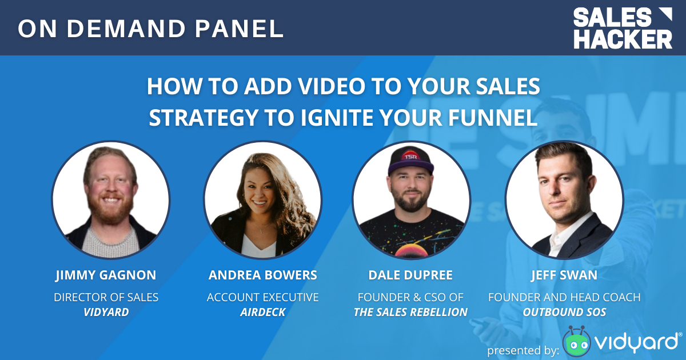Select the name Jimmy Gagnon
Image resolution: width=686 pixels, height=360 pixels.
(106, 275)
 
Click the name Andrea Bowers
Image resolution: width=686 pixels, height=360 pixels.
(262, 275)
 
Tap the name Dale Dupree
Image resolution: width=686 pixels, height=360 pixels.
(410, 275)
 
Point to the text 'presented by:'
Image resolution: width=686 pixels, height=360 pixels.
(523, 350)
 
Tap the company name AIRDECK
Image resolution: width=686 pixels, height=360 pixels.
(262, 312)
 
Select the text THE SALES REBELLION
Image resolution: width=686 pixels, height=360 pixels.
(410, 312)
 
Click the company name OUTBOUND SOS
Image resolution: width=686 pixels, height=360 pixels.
(564, 312)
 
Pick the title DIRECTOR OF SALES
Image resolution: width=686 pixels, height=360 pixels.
(106, 297)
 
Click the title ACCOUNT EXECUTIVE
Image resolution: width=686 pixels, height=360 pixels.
(262, 297)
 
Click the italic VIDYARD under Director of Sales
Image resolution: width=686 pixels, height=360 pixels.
(106, 312)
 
